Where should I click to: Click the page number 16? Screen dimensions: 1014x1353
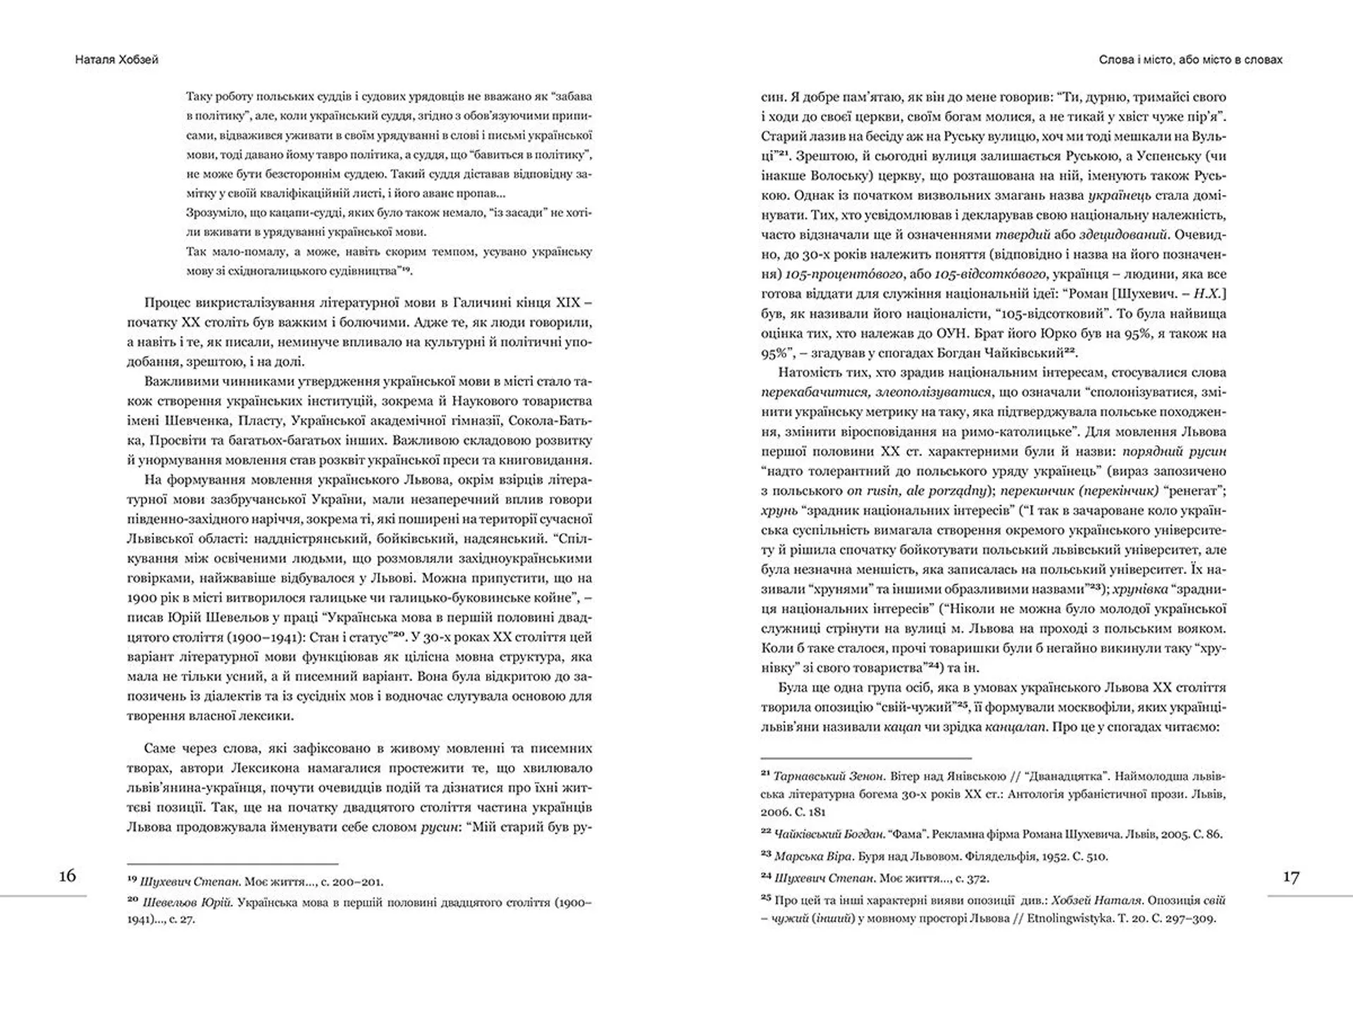(x=68, y=875)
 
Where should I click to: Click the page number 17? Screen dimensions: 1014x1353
(x=1290, y=877)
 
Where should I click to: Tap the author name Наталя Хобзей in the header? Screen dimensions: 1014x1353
(x=117, y=60)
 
